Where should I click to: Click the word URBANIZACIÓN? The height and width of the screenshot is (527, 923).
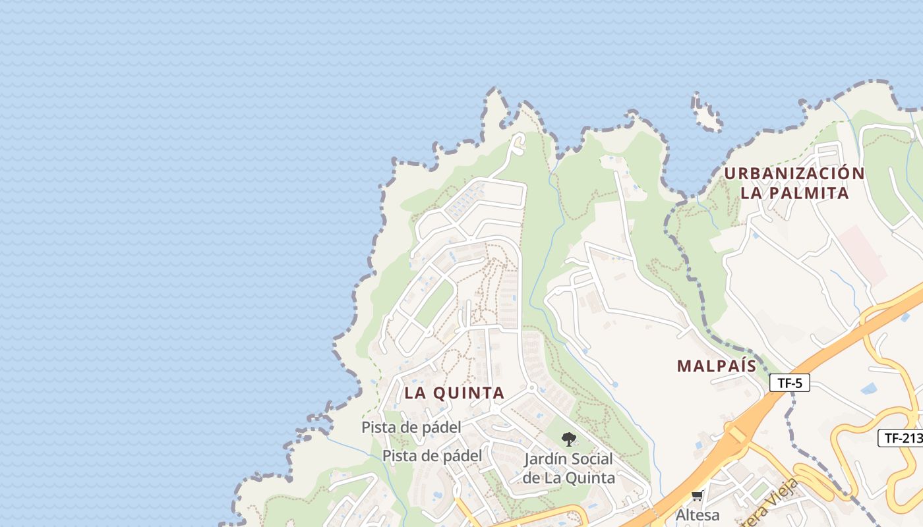click(794, 174)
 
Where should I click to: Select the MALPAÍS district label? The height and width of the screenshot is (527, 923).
click(716, 366)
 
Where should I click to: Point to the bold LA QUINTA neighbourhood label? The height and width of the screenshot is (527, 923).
click(454, 393)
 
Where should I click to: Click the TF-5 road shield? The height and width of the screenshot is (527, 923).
click(789, 383)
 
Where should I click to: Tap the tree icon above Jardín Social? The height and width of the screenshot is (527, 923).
click(568, 439)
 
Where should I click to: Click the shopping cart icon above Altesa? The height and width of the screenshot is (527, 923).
click(698, 496)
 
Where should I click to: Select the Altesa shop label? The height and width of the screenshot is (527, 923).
click(698, 514)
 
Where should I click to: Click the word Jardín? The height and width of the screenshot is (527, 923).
click(546, 459)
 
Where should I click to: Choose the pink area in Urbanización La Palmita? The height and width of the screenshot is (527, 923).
click(864, 254)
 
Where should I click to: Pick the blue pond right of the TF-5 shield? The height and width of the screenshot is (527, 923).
click(870, 388)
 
